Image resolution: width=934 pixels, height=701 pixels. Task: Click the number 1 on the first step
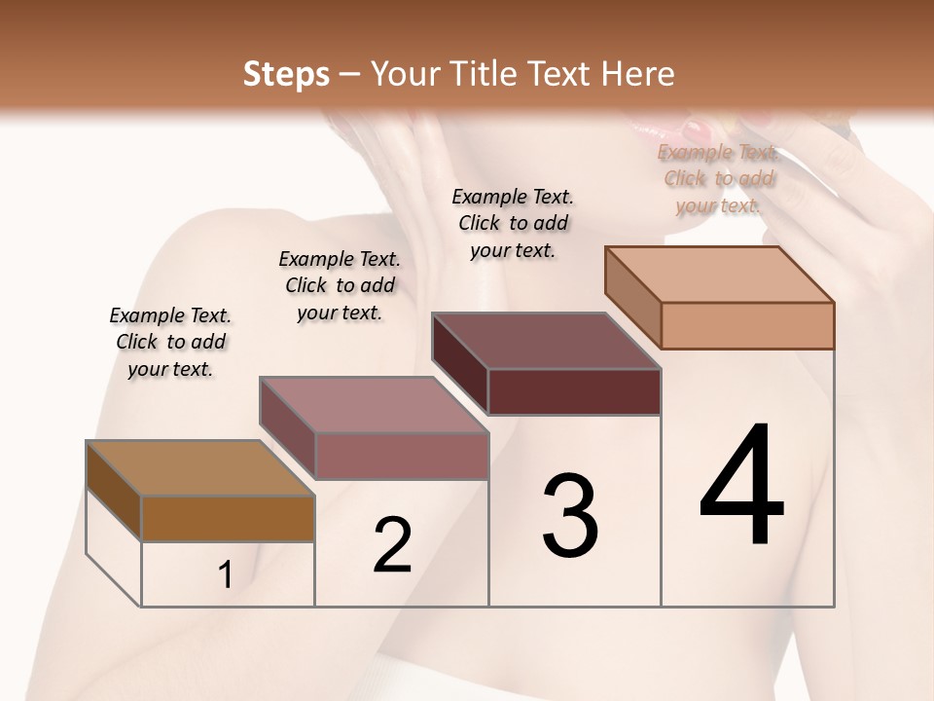[x=225, y=575]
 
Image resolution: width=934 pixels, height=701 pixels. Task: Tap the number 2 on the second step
[x=392, y=545]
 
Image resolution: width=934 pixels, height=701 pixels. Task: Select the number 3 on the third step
[x=570, y=516]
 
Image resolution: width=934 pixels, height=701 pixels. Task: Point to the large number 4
[x=742, y=486]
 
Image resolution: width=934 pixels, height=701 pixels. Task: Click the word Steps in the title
[x=286, y=74]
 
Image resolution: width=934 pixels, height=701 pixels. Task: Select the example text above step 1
[x=170, y=342]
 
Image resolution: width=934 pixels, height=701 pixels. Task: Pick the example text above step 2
[x=340, y=285]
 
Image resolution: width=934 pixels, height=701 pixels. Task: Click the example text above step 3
[x=513, y=223]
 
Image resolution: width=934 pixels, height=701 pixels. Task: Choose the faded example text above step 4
[x=719, y=178]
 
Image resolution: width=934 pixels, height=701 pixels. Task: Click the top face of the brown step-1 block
[x=199, y=468]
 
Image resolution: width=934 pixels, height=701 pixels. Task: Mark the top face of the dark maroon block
[x=545, y=341]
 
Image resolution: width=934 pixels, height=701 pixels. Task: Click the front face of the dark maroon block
[x=574, y=392]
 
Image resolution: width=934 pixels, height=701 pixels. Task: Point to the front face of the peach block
[x=747, y=325]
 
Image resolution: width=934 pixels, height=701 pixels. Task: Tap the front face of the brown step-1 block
[x=228, y=519]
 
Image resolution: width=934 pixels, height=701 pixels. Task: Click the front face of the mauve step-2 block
[x=401, y=456]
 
